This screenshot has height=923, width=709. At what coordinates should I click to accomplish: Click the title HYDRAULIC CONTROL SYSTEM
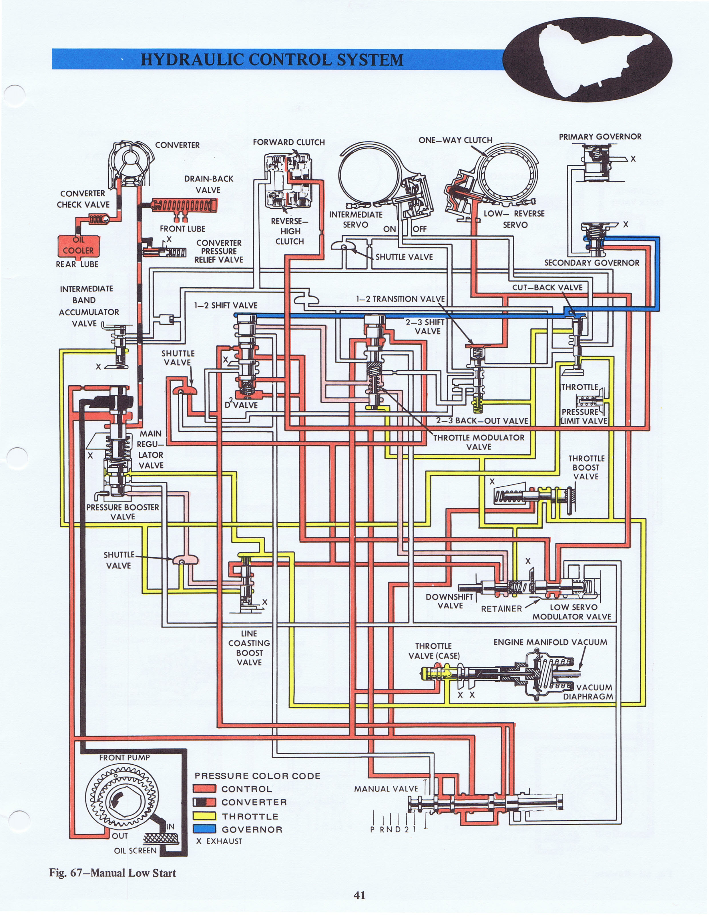272,59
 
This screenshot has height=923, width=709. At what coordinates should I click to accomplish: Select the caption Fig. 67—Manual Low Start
112,873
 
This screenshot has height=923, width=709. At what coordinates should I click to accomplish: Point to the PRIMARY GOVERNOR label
600,137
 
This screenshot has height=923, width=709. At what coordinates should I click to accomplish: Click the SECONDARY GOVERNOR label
592,262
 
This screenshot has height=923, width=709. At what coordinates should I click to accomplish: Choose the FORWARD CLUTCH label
289,142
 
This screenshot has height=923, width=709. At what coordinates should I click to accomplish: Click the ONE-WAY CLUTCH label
455,140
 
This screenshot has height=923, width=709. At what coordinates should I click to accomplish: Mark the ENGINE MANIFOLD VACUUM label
550,642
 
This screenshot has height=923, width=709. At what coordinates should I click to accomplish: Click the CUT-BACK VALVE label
547,287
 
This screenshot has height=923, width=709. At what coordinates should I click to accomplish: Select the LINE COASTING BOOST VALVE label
249,647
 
